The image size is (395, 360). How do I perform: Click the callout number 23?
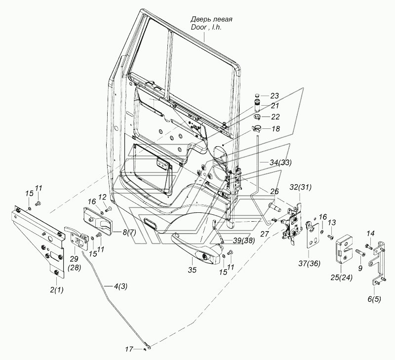(275, 96)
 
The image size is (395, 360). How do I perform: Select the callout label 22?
(275, 117)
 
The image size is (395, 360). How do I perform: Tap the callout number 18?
(276, 129)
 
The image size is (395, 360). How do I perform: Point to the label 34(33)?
(280, 163)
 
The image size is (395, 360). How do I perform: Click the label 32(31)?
(300, 187)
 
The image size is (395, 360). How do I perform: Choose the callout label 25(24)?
(342, 278)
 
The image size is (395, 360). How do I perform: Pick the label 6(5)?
(374, 299)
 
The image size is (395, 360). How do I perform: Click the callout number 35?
(192, 270)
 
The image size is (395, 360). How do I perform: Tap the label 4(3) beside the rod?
(120, 286)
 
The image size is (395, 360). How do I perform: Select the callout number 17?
(129, 350)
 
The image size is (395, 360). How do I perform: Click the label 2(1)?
(56, 290)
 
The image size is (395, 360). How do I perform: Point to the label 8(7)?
(129, 233)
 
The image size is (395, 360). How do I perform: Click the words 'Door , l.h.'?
(206, 27)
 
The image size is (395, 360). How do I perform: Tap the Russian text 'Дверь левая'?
(211, 19)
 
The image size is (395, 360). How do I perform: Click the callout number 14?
(370, 234)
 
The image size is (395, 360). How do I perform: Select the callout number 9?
(360, 269)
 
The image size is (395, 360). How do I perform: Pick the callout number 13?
(332, 222)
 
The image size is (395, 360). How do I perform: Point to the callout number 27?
(265, 234)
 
